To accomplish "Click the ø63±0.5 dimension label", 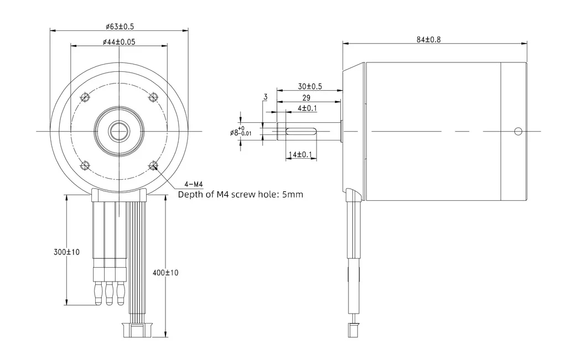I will [120, 26].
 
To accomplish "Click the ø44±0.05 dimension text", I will [119, 42].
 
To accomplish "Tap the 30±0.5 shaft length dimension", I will [310, 86].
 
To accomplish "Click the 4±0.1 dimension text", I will [307, 108].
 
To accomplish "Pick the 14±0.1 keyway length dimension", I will [302, 155].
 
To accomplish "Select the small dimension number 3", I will [266, 97].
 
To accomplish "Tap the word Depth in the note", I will [190, 195].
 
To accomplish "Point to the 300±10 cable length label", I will [67, 252].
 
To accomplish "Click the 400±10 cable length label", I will [165, 273].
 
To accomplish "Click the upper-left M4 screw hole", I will [85, 97].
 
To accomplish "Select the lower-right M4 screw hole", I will [154, 165].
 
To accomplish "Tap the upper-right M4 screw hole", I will [154, 97].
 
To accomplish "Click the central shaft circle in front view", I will [119, 131].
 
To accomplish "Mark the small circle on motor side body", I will [518, 131].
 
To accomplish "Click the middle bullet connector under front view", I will [109, 293].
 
